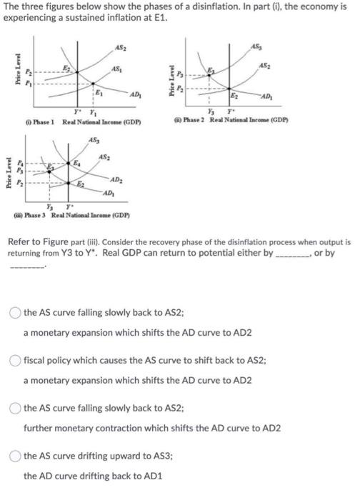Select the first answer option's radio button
pyautogui.click(x=16, y=312)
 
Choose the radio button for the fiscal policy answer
pyautogui.click(x=16, y=361)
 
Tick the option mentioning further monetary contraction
pyautogui.click(x=16, y=409)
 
